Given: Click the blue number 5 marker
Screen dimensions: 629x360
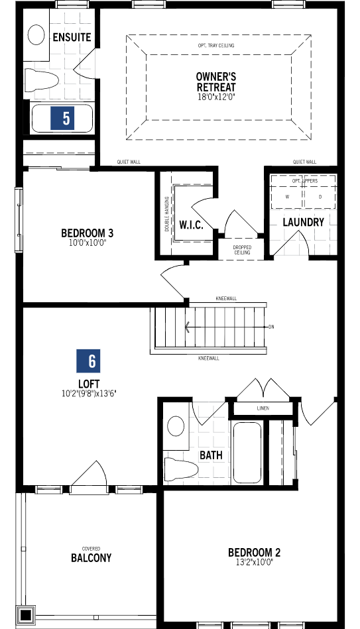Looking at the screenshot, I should pyautogui.click(x=66, y=119).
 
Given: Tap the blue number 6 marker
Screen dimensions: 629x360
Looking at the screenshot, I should pyautogui.click(x=91, y=361).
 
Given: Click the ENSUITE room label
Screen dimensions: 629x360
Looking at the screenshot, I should pyautogui.click(x=72, y=37).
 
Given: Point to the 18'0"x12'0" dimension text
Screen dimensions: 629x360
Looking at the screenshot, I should pyautogui.click(x=216, y=97).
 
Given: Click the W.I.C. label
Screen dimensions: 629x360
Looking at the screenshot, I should pyautogui.click(x=191, y=225).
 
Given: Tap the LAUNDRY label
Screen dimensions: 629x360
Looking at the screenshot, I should pyautogui.click(x=303, y=222).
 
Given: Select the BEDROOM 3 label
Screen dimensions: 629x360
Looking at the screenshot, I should pyautogui.click(x=88, y=233).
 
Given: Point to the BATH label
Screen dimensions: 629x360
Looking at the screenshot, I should pyautogui.click(x=211, y=456).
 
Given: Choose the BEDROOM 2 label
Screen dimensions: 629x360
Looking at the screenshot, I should pyautogui.click(x=255, y=552).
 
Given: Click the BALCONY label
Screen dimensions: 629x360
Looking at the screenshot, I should pyautogui.click(x=91, y=558).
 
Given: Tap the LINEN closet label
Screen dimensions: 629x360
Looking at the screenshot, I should pyautogui.click(x=263, y=408).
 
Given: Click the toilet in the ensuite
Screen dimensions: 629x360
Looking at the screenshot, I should pyautogui.click(x=42, y=80).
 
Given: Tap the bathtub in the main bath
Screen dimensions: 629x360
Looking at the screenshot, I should pyautogui.click(x=247, y=453).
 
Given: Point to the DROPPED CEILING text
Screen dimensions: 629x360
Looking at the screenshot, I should pyautogui.click(x=242, y=250).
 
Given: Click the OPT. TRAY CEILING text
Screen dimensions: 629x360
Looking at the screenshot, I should pyautogui.click(x=216, y=46).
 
